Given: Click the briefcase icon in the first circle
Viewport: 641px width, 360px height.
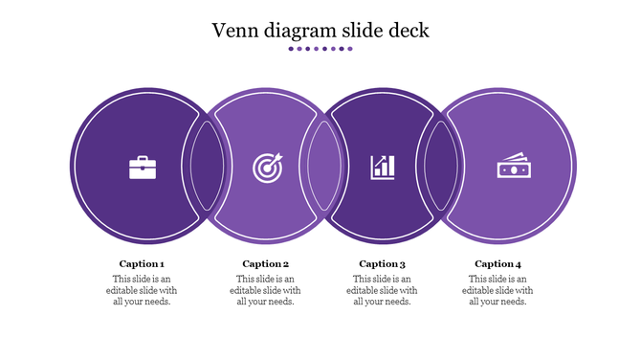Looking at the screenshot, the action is [x=143, y=168].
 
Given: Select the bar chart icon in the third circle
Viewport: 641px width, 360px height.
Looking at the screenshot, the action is [x=383, y=168].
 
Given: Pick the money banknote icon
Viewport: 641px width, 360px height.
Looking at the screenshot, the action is [x=512, y=168].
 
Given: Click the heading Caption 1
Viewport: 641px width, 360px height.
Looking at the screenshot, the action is [x=142, y=263].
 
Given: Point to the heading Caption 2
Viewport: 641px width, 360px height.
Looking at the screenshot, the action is [x=265, y=263].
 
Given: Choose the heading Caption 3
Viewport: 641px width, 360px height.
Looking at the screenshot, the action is [x=382, y=263].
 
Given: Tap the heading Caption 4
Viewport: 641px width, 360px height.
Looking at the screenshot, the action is [x=497, y=263].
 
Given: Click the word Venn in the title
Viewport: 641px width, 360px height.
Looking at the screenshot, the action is [x=234, y=30].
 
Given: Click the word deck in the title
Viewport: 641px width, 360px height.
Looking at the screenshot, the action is [x=409, y=30].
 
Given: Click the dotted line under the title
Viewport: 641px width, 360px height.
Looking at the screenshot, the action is [x=320, y=49].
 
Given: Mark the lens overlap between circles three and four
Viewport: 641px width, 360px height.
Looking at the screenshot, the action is [x=441, y=167].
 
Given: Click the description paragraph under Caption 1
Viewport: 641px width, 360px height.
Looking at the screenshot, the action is [x=142, y=290].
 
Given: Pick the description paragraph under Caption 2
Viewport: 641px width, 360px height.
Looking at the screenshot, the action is [x=265, y=290].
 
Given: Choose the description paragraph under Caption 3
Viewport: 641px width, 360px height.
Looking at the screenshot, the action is [x=382, y=290].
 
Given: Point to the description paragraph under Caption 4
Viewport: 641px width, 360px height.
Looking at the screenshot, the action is [x=497, y=290].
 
